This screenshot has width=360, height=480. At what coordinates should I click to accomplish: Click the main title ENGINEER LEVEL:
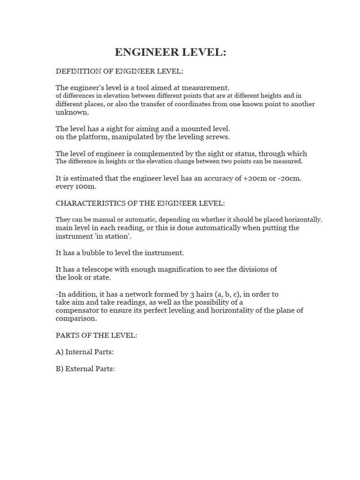[170, 52]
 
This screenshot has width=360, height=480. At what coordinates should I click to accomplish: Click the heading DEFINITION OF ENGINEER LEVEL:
[120, 71]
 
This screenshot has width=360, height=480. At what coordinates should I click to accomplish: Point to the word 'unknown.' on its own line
[72, 112]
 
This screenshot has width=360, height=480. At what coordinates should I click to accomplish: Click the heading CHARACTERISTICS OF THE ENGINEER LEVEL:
[140, 203]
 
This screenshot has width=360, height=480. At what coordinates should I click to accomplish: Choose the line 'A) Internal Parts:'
[85, 352]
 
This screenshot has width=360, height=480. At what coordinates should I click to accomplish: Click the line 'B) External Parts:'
[85, 369]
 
